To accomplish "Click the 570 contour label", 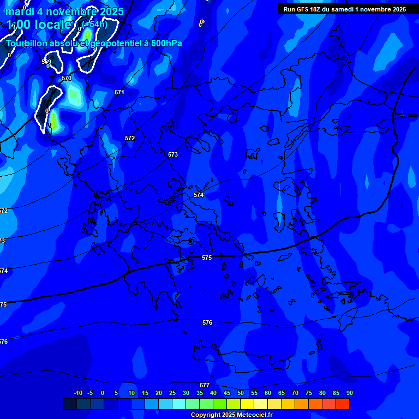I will (67, 79).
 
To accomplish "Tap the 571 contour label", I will (119, 93).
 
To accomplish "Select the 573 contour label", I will (173, 155).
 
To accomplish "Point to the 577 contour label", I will (205, 385).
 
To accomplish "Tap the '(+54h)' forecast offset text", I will (95, 24).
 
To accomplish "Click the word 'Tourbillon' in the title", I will (29, 44).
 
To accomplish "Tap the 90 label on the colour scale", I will (349, 393).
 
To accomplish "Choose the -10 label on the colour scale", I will (77, 393).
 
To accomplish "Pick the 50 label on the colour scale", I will (241, 393).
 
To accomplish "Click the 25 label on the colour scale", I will (172, 393).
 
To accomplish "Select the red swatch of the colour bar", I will (343, 404).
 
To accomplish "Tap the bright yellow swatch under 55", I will (247, 404).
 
